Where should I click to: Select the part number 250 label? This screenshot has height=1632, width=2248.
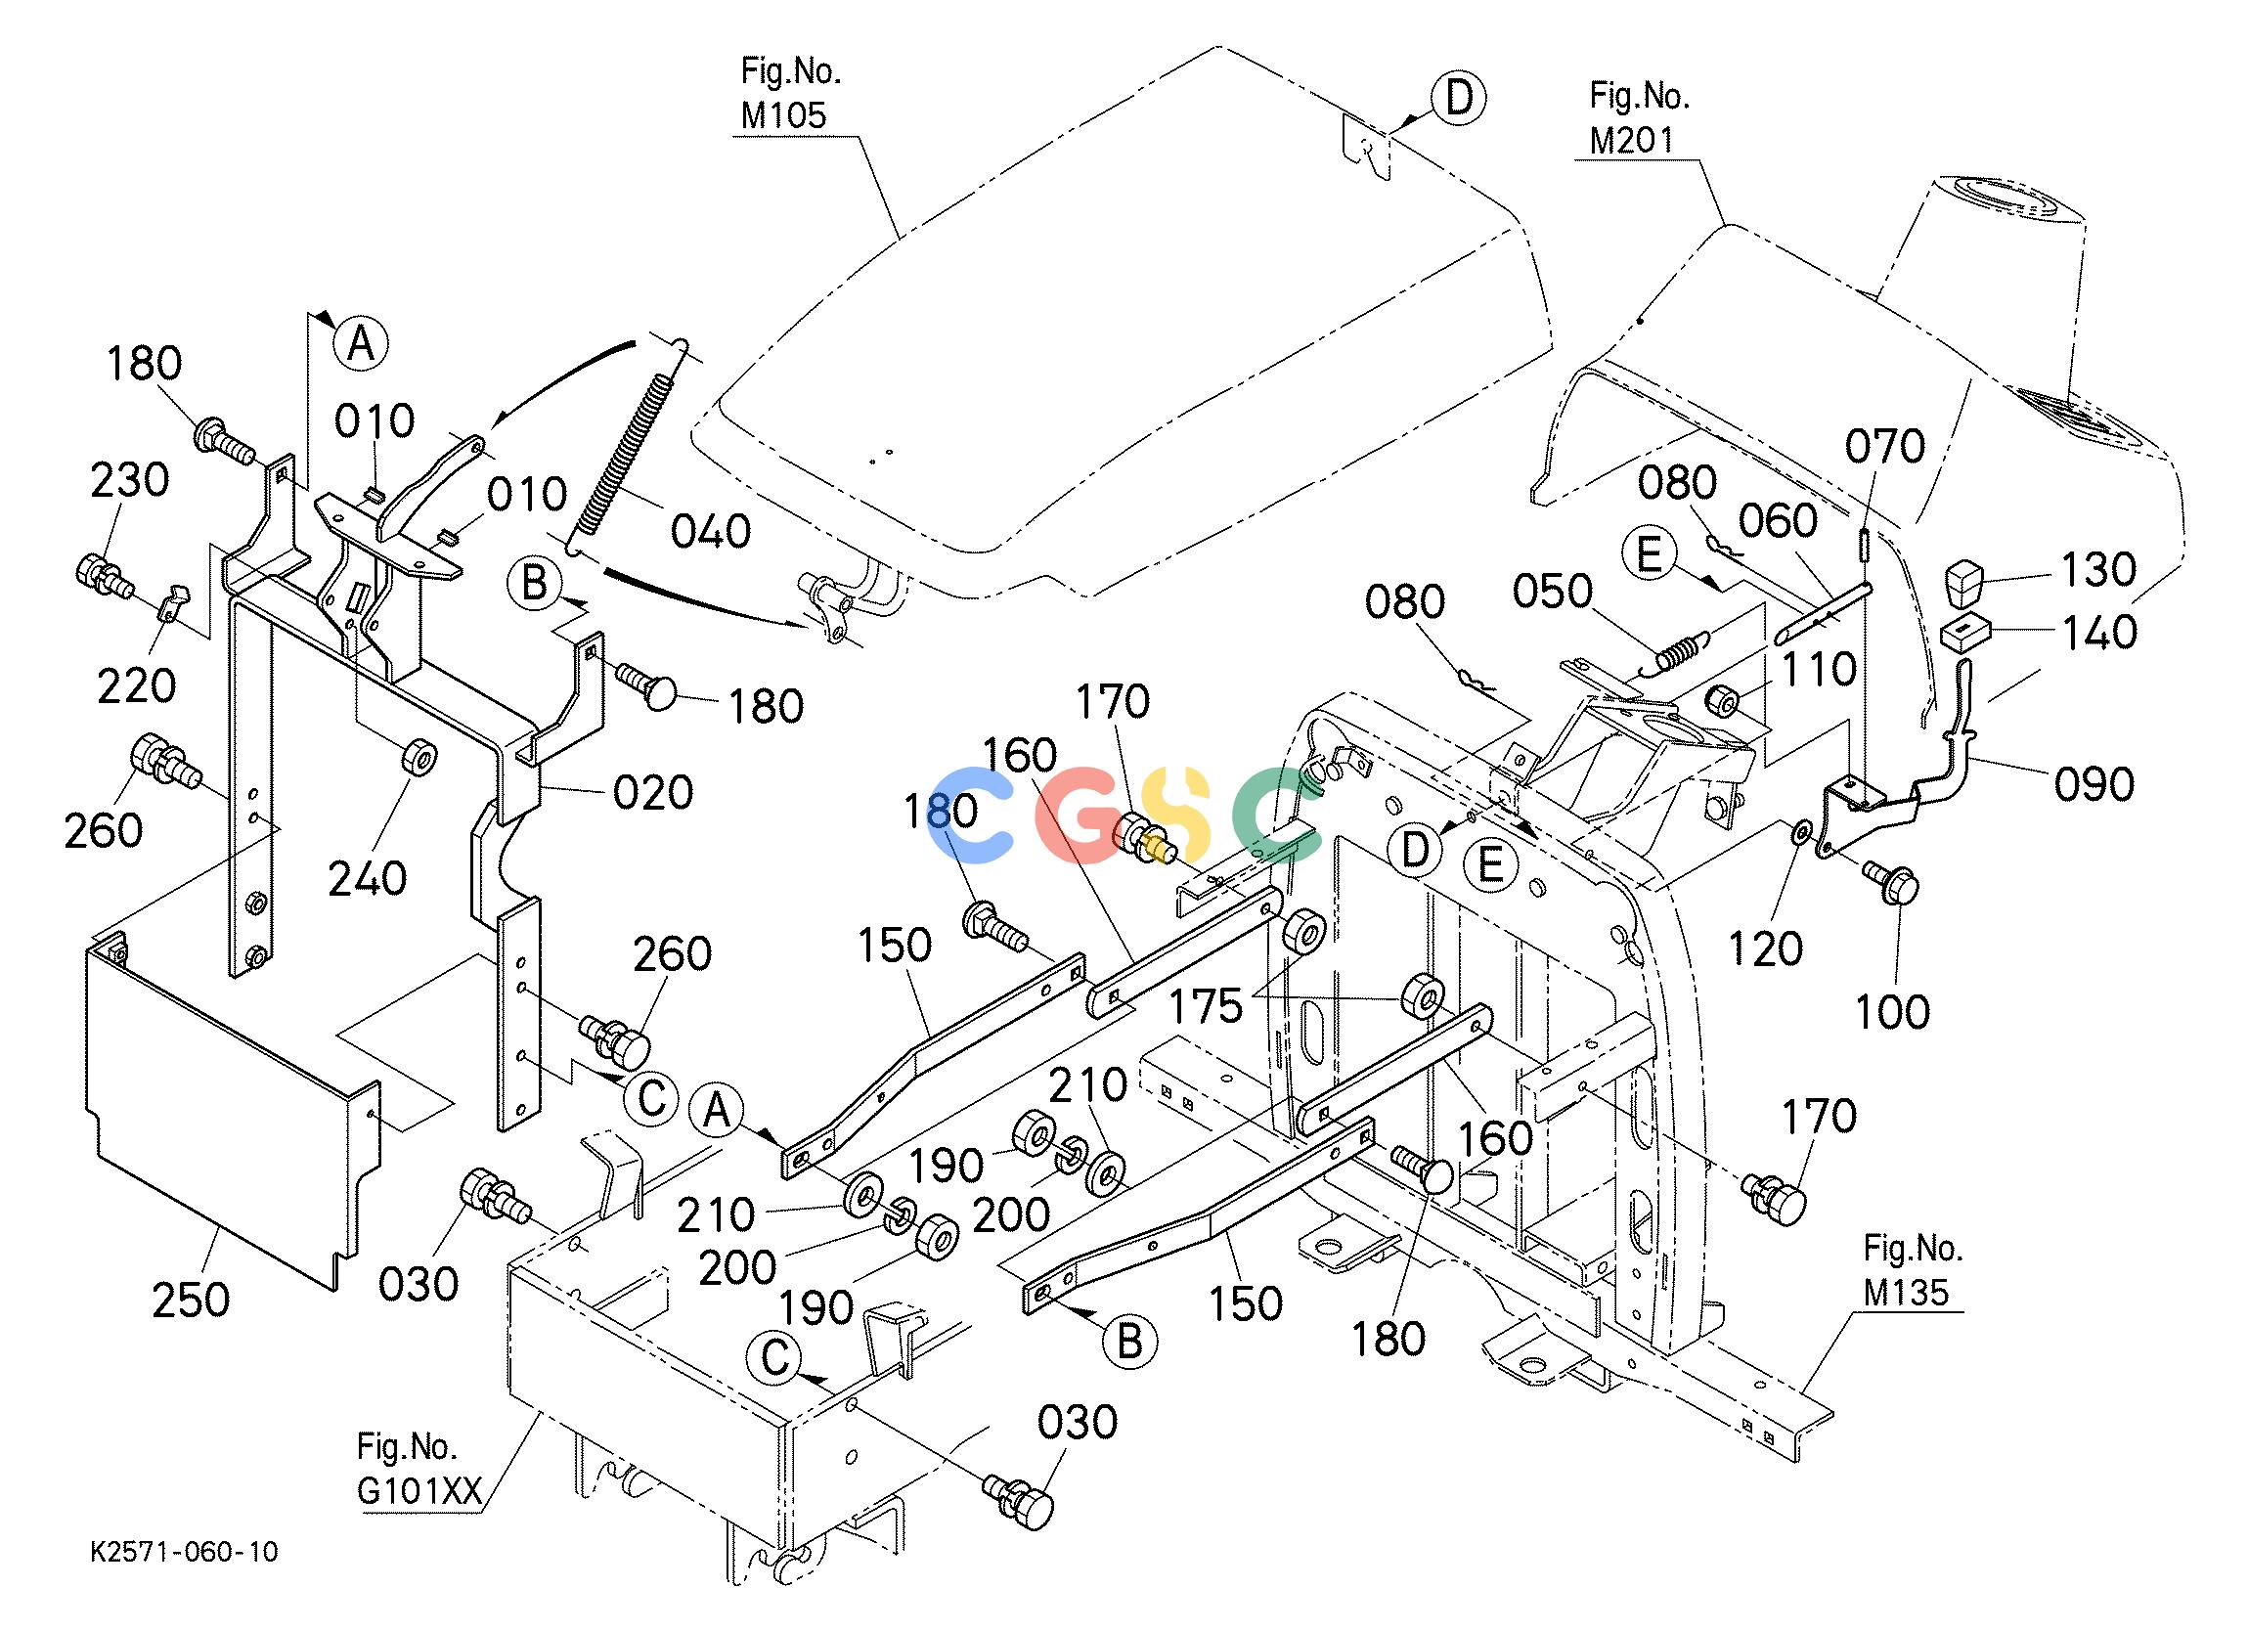pyautogui.click(x=192, y=1299)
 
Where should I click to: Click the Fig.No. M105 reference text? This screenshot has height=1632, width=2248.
pyautogui.click(x=790, y=93)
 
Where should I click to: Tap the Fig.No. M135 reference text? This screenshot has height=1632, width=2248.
pyautogui.click(x=1912, y=1270)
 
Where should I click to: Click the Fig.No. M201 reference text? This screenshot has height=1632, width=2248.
pyautogui.click(x=1639, y=118)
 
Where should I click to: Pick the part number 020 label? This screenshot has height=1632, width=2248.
pyautogui.click(x=653, y=793)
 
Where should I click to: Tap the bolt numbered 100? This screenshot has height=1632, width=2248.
pyautogui.click(x=1891, y=881)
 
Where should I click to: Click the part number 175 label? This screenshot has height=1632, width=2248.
pyautogui.click(x=1206, y=1006)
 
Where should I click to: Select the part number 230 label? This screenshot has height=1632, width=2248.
pyautogui.click(x=130, y=481)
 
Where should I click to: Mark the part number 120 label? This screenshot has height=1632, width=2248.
pyautogui.click(x=1765, y=949)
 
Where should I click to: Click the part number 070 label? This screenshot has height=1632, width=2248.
pyautogui.click(x=1884, y=447)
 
